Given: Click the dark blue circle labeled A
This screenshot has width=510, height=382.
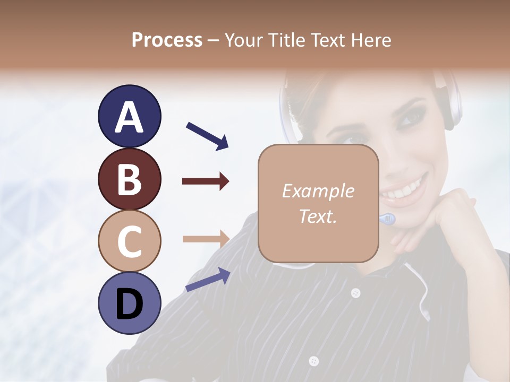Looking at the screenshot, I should tap(129, 117).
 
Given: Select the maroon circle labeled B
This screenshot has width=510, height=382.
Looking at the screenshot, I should tap(129, 179).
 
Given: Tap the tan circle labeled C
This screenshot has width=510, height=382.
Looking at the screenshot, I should tap(129, 241).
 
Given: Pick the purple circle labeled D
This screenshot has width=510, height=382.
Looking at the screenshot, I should tap(129, 303).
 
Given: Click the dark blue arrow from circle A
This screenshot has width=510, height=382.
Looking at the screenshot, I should tap(207, 135).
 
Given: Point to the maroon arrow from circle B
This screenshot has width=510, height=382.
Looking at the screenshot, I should tap(206, 181).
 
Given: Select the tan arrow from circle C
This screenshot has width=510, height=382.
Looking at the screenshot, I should tap(206, 238).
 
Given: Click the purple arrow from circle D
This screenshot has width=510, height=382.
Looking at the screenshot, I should tap(208, 280).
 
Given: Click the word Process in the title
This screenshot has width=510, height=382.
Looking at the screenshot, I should tap(167, 40).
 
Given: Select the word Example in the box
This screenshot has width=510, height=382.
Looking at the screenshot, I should tap(318, 191).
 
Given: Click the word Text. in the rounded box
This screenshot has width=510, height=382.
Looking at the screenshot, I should tap(318, 216).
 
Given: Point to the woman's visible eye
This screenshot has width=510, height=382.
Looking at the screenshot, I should tap(408, 117).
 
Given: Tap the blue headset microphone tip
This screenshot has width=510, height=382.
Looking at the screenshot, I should tap(388, 218).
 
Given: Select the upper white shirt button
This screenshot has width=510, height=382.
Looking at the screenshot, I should tap(355, 292).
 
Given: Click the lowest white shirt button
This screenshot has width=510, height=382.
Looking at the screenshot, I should tap(314, 361).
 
